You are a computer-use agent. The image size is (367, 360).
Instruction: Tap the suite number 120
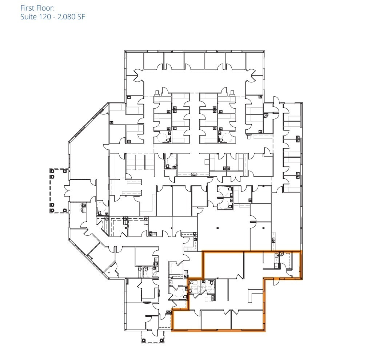coord(45,17)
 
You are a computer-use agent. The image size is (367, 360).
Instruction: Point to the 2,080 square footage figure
coord(67,17)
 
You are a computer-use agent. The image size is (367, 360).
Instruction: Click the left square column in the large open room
coord(217,228)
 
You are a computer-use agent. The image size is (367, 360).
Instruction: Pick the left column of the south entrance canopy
coord(144,340)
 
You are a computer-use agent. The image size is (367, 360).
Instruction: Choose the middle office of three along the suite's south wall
coord(216,320)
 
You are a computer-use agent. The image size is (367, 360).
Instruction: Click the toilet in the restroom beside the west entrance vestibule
coord(99,213)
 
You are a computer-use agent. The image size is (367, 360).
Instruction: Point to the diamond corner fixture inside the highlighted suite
coord(282,254)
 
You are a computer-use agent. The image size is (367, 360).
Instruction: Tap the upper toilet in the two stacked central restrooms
coord(231,189)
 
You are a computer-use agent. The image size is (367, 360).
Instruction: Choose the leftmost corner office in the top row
coord(134,61)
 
